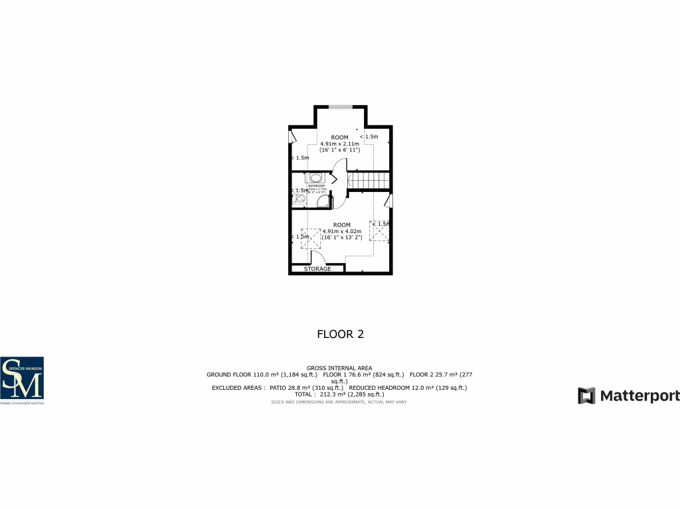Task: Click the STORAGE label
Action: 317,269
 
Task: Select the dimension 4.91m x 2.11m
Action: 339,144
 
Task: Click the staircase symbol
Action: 369,180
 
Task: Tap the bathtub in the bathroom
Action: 314,177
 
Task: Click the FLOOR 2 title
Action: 340,334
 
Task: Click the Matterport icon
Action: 586,396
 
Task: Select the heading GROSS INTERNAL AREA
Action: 339,368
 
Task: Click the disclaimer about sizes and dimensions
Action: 339,402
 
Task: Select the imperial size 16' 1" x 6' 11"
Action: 339,151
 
